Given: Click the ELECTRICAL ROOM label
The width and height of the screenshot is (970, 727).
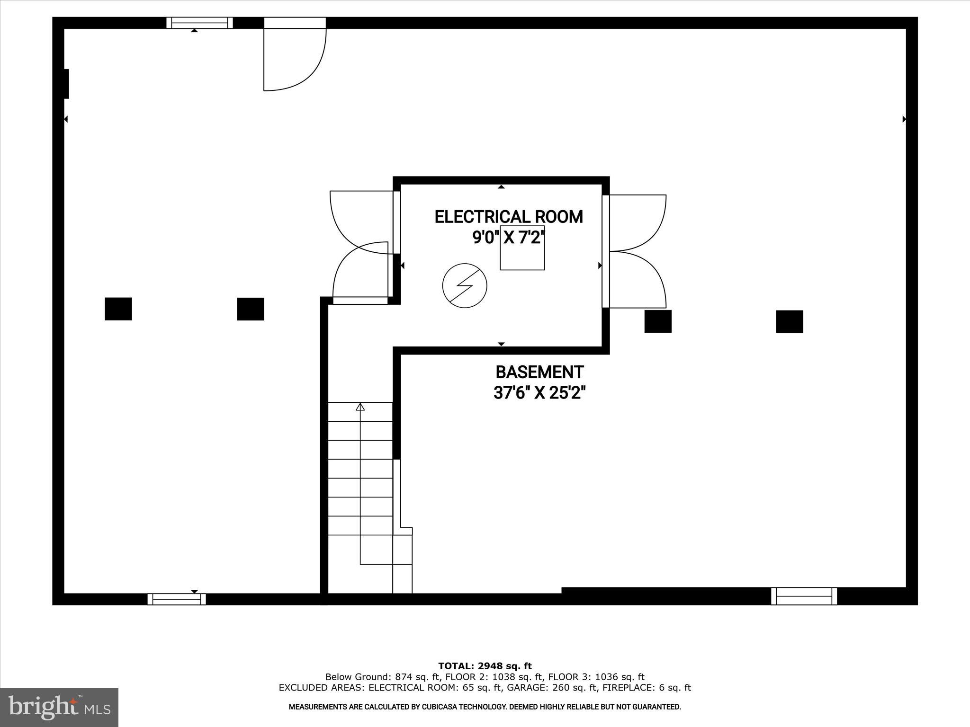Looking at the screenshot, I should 509,217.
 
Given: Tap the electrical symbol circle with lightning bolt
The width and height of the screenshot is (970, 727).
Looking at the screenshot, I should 465,285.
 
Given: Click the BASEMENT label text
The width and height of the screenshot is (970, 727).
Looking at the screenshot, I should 539,372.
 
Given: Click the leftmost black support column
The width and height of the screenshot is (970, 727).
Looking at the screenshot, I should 118,309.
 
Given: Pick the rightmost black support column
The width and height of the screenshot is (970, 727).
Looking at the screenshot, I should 790,322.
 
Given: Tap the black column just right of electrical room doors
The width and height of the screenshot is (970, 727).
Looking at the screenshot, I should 658,321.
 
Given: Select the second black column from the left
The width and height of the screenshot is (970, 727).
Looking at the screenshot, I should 251,309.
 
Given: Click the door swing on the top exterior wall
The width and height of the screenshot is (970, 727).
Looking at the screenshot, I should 294,57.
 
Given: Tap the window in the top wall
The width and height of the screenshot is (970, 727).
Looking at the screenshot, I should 199,23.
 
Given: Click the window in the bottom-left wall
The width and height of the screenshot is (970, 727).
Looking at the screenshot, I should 177,599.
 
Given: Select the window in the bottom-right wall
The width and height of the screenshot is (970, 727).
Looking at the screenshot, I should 804,596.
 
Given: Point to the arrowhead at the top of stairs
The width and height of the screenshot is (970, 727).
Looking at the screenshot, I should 360,407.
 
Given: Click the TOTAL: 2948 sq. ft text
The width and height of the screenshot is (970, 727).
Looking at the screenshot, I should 485,666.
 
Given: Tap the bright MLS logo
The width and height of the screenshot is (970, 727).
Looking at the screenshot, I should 59,708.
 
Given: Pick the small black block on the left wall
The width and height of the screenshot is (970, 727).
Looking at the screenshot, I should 66,84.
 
